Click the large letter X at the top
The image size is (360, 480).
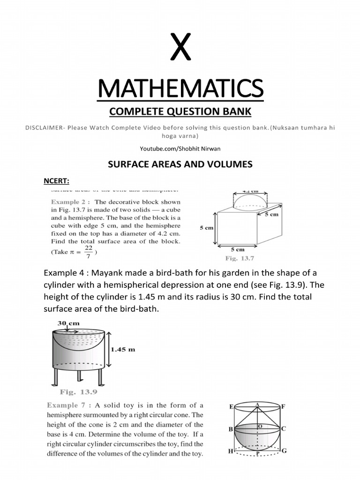point(180,49)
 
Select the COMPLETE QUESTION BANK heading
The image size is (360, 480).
point(180,112)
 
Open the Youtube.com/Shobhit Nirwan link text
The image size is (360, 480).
point(180,149)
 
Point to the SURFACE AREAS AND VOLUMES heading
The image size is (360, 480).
point(180,164)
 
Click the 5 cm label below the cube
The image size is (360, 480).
point(237,249)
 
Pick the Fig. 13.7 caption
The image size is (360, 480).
point(239,258)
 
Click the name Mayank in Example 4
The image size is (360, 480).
point(105,273)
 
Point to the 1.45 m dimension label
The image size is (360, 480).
point(123,349)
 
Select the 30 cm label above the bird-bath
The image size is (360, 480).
point(68,323)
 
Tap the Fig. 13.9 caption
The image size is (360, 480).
point(78,392)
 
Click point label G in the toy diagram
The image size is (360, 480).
point(284,451)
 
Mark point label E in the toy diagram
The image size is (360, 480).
point(231,407)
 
